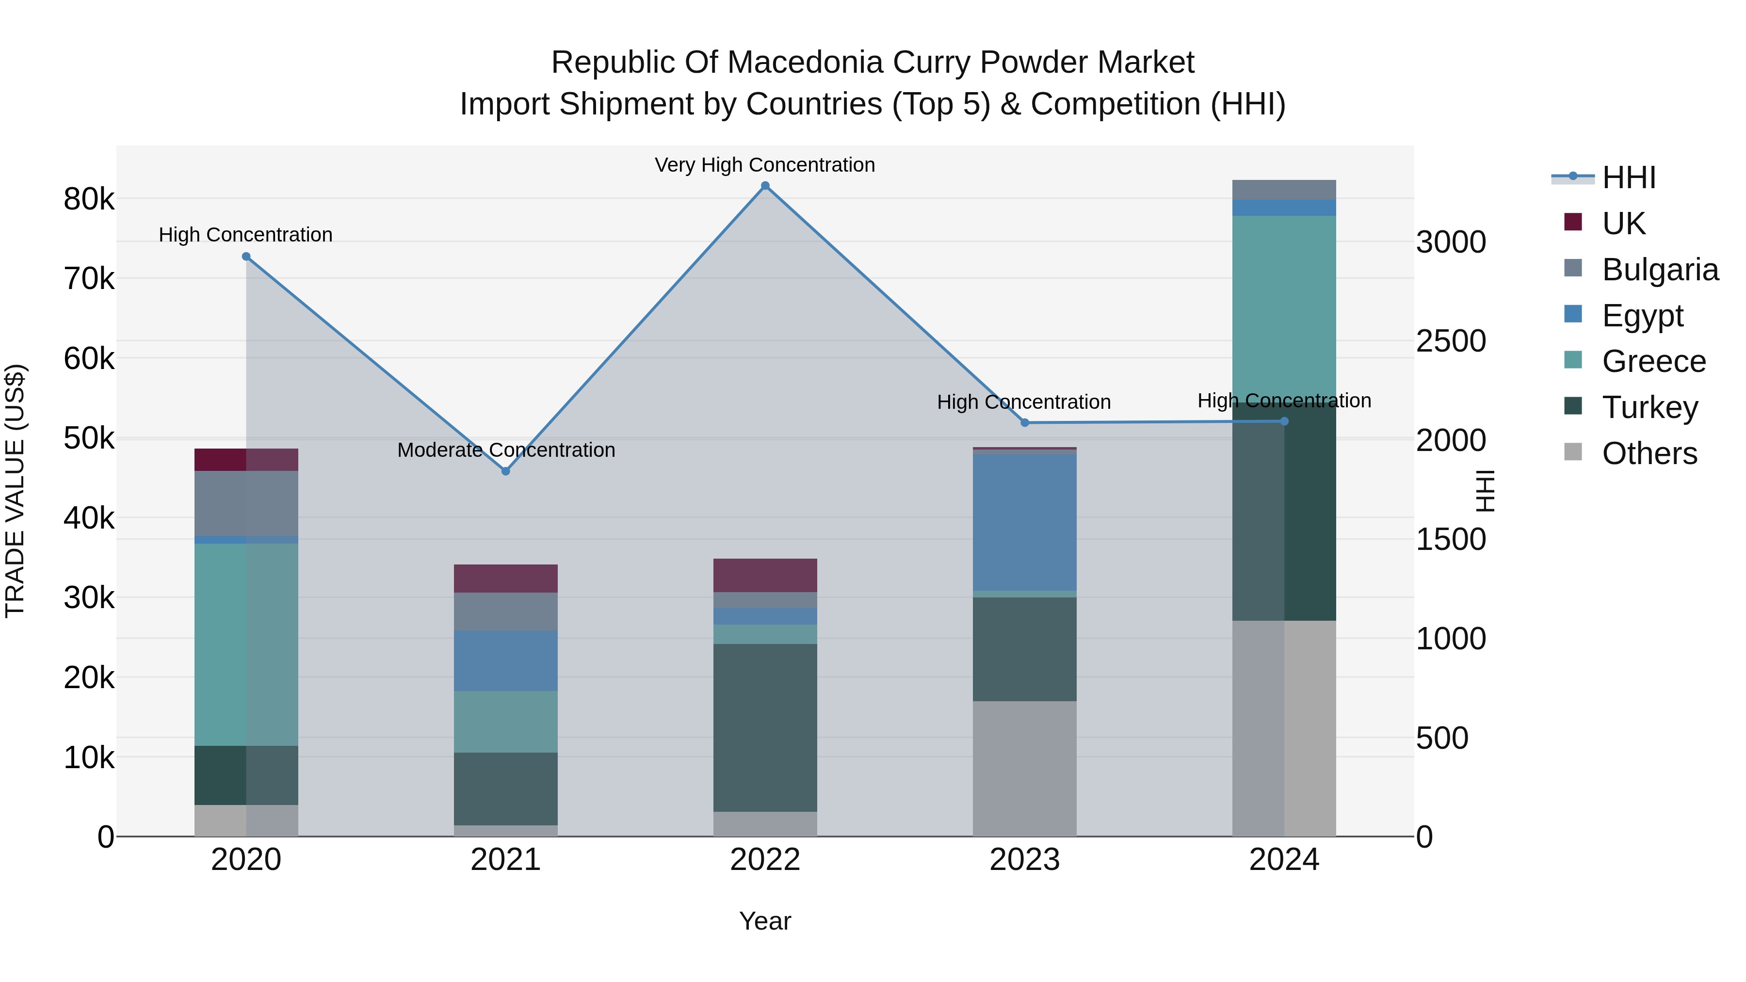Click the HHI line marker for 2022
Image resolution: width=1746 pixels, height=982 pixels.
(765, 186)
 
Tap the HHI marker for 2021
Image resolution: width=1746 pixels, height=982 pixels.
(506, 471)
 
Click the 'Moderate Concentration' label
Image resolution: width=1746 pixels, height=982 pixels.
(506, 450)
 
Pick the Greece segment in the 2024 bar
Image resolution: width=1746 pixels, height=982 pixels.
(1284, 305)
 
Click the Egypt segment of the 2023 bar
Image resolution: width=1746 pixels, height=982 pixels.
(1024, 522)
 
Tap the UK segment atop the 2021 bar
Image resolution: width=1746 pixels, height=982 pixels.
(506, 578)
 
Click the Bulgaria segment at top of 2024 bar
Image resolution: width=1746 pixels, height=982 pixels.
(1284, 190)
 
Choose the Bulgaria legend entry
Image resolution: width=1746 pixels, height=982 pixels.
(1659, 270)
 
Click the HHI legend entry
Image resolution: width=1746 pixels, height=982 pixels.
(1628, 177)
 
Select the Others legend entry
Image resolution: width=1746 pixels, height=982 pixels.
(1649, 453)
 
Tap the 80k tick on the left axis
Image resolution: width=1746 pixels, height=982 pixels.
(89, 200)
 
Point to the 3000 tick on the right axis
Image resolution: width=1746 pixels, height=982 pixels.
(1451, 242)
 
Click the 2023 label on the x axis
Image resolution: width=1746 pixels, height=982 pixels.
(1024, 860)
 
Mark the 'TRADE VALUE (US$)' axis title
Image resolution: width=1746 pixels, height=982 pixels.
(16, 491)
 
